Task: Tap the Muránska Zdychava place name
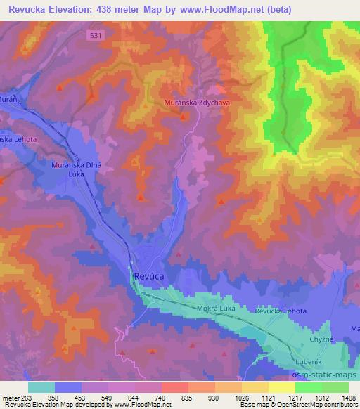tap(198, 102)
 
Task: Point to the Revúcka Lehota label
tap(281, 311)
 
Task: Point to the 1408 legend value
tap(348, 397)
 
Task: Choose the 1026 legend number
tap(241, 397)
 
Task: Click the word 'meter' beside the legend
tap(11, 397)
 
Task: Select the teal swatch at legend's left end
tap(41, 387)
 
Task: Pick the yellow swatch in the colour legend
tap(281, 387)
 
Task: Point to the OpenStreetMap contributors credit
tap(317, 405)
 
